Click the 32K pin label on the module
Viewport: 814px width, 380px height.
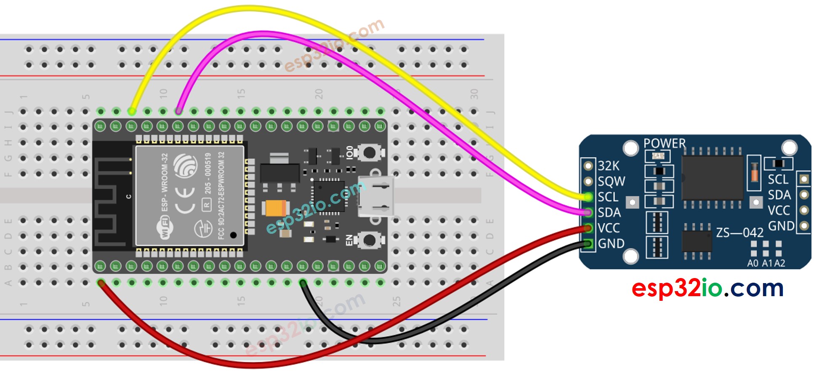(x=609, y=166)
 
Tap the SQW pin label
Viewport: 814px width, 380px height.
(x=611, y=181)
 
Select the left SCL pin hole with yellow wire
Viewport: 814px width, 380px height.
(x=588, y=197)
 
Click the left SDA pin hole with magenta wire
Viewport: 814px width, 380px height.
(x=588, y=212)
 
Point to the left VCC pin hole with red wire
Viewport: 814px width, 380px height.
(x=588, y=228)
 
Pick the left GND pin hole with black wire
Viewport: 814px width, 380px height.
(x=588, y=244)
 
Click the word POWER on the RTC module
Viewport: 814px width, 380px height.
(x=664, y=143)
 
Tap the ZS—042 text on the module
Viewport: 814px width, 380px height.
(x=740, y=233)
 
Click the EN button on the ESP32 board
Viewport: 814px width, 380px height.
(x=369, y=241)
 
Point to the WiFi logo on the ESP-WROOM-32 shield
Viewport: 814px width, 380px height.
(x=164, y=228)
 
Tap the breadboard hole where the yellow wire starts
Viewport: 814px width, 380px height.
(x=132, y=112)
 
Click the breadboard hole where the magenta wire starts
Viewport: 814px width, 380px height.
(x=178, y=112)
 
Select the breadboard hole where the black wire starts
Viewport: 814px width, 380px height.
(x=303, y=283)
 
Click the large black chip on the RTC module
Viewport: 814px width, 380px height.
(x=712, y=178)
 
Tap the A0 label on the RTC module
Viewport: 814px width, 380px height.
(x=753, y=263)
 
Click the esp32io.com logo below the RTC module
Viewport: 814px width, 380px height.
(x=707, y=288)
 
